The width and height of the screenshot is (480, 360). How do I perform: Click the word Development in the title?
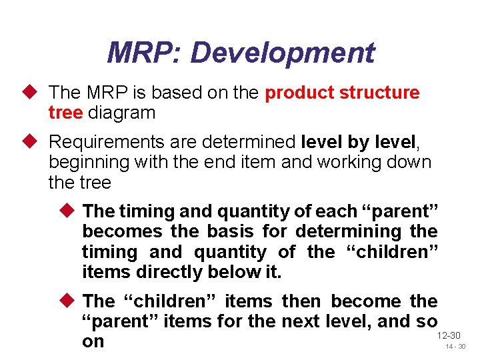point(282,53)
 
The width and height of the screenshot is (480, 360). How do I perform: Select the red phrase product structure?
point(342,93)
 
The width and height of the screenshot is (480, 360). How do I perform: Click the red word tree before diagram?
point(65,113)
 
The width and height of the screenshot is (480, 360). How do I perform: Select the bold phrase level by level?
point(359,142)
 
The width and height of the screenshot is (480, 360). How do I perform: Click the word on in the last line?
point(93,341)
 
